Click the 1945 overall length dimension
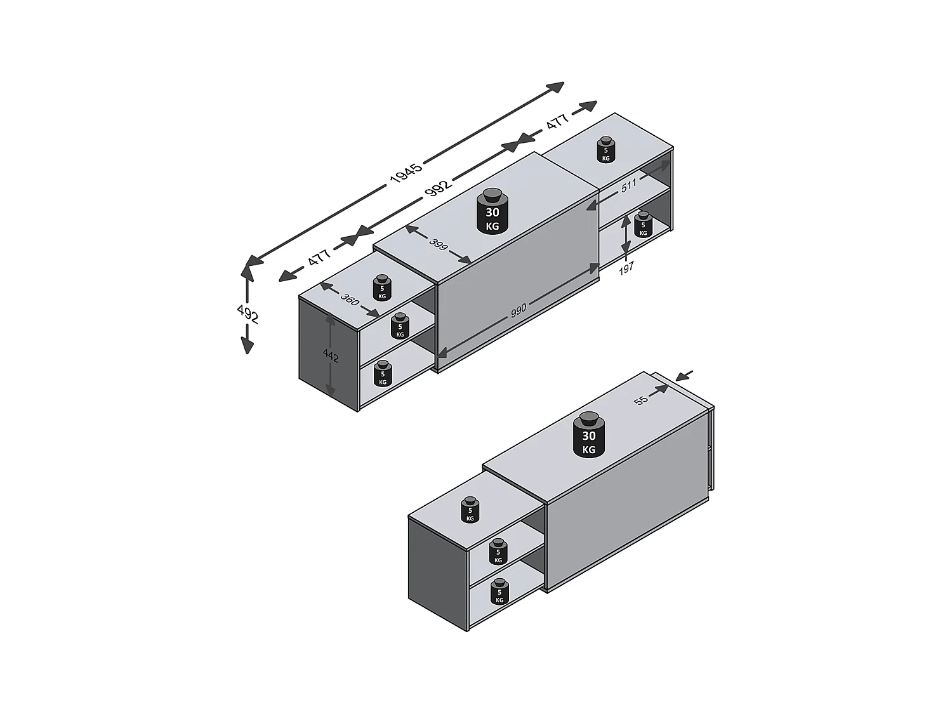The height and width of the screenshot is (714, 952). point(405,173)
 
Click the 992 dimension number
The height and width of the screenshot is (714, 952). point(437,186)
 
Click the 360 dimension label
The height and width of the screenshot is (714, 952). point(350,298)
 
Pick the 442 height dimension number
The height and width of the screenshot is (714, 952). point(331,356)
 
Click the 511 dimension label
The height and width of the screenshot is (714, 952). point(628,186)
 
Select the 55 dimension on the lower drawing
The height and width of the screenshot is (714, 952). point(640,400)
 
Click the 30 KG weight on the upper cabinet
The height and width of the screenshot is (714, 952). point(492,211)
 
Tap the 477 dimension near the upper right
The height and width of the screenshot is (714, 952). point(557,122)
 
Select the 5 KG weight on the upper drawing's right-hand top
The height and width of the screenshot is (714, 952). point(605,150)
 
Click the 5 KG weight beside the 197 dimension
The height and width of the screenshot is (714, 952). point(643,225)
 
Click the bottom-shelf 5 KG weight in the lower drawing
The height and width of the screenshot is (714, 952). point(499,592)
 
